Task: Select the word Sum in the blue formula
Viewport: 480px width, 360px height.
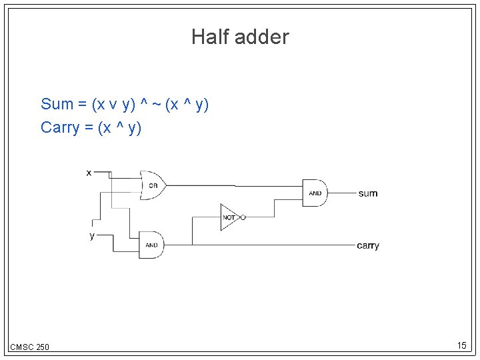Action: coord(57,104)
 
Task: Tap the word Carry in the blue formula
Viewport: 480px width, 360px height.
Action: coord(59,127)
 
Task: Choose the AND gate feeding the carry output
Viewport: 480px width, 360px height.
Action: coord(152,245)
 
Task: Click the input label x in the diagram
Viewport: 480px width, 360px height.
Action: coord(89,172)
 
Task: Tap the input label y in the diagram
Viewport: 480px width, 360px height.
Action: coord(91,235)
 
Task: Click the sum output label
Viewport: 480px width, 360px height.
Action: coord(368,193)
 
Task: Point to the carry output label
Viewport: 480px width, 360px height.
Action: coord(368,245)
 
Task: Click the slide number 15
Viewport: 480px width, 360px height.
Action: coord(461,345)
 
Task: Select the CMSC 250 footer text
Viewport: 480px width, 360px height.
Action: coord(29,347)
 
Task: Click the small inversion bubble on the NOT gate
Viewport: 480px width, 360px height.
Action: coord(243,217)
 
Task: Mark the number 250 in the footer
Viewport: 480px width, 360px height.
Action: coord(41,347)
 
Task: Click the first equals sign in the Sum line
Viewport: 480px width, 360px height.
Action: coord(82,104)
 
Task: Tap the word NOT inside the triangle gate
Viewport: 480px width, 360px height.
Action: coord(228,218)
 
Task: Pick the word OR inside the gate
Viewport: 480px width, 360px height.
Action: coord(153,185)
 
